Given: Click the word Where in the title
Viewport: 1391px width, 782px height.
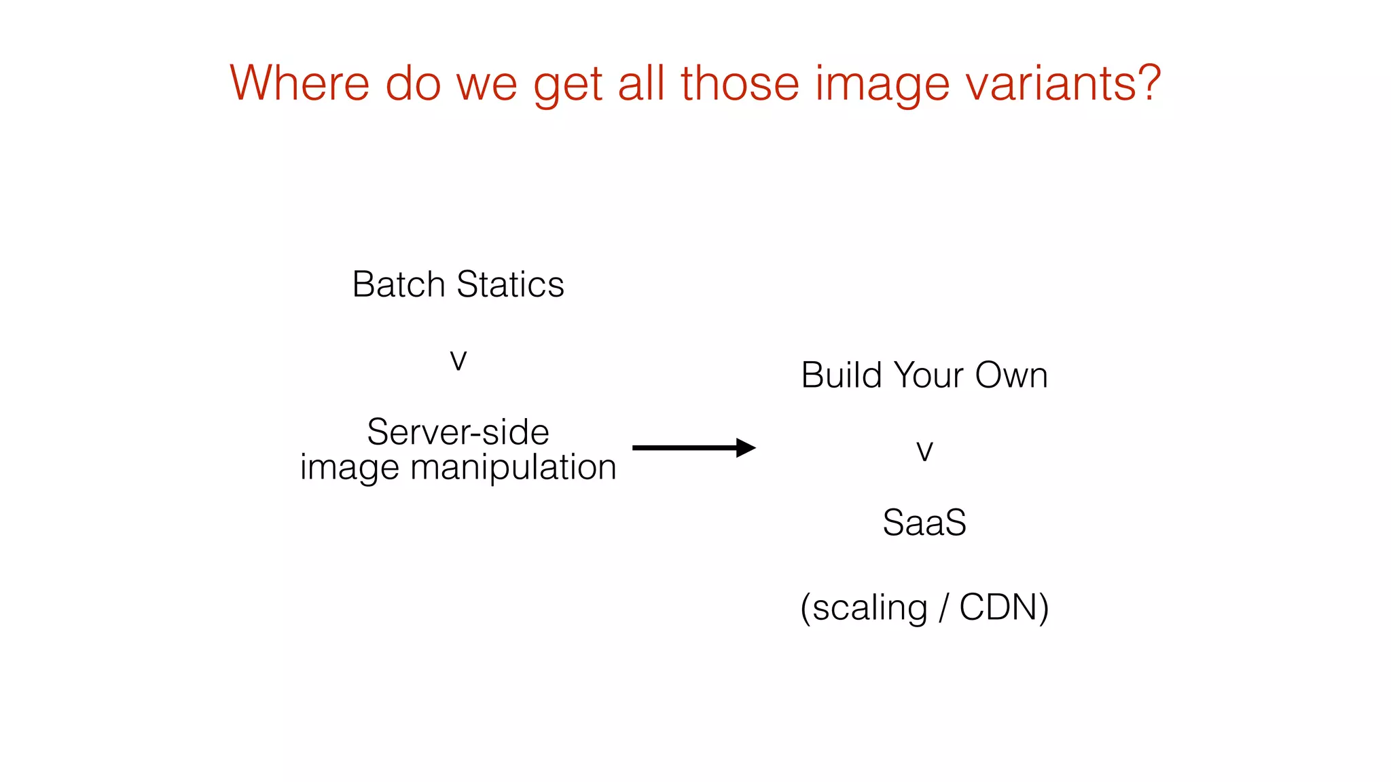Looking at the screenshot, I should click(x=300, y=83).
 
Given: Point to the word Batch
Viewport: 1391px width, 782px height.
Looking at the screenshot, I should click(x=398, y=284).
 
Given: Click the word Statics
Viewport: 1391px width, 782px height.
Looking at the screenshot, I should click(x=510, y=284).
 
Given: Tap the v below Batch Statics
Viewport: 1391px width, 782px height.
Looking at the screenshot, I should click(x=458, y=360).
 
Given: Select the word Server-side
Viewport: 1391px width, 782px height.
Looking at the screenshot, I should click(x=458, y=432).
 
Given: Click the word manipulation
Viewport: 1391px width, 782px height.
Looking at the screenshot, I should click(x=513, y=468).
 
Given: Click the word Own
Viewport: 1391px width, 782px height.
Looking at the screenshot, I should click(x=1011, y=375).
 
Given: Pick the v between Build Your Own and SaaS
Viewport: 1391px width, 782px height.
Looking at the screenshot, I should click(x=924, y=451).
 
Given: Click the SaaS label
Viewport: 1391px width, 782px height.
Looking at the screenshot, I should click(x=924, y=523).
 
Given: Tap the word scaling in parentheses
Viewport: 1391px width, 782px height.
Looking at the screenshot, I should click(x=869, y=608).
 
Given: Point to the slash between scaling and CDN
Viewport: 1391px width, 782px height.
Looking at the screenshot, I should click(x=943, y=607).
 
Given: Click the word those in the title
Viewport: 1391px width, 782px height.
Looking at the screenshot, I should click(x=740, y=83).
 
